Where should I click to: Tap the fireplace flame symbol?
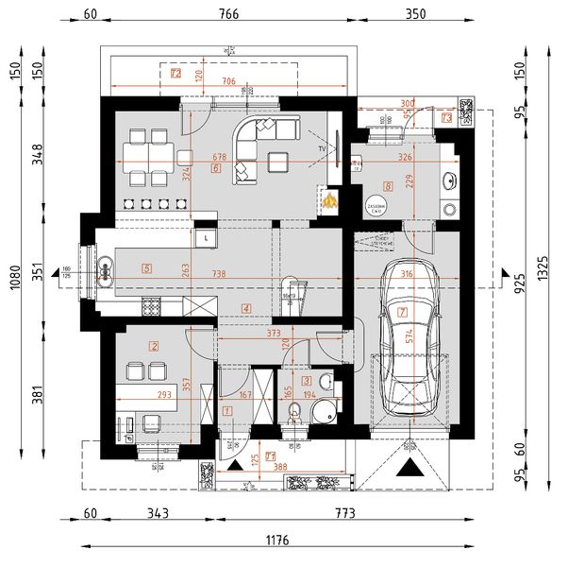[328, 199]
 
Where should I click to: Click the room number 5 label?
[146, 267]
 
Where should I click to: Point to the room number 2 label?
[154, 347]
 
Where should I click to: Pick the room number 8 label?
[388, 187]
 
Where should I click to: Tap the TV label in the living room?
[322, 149]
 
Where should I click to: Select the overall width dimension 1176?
[276, 541]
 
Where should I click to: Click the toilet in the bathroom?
[294, 411]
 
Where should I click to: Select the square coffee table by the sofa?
[278, 162]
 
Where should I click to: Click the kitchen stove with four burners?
[151, 305]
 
